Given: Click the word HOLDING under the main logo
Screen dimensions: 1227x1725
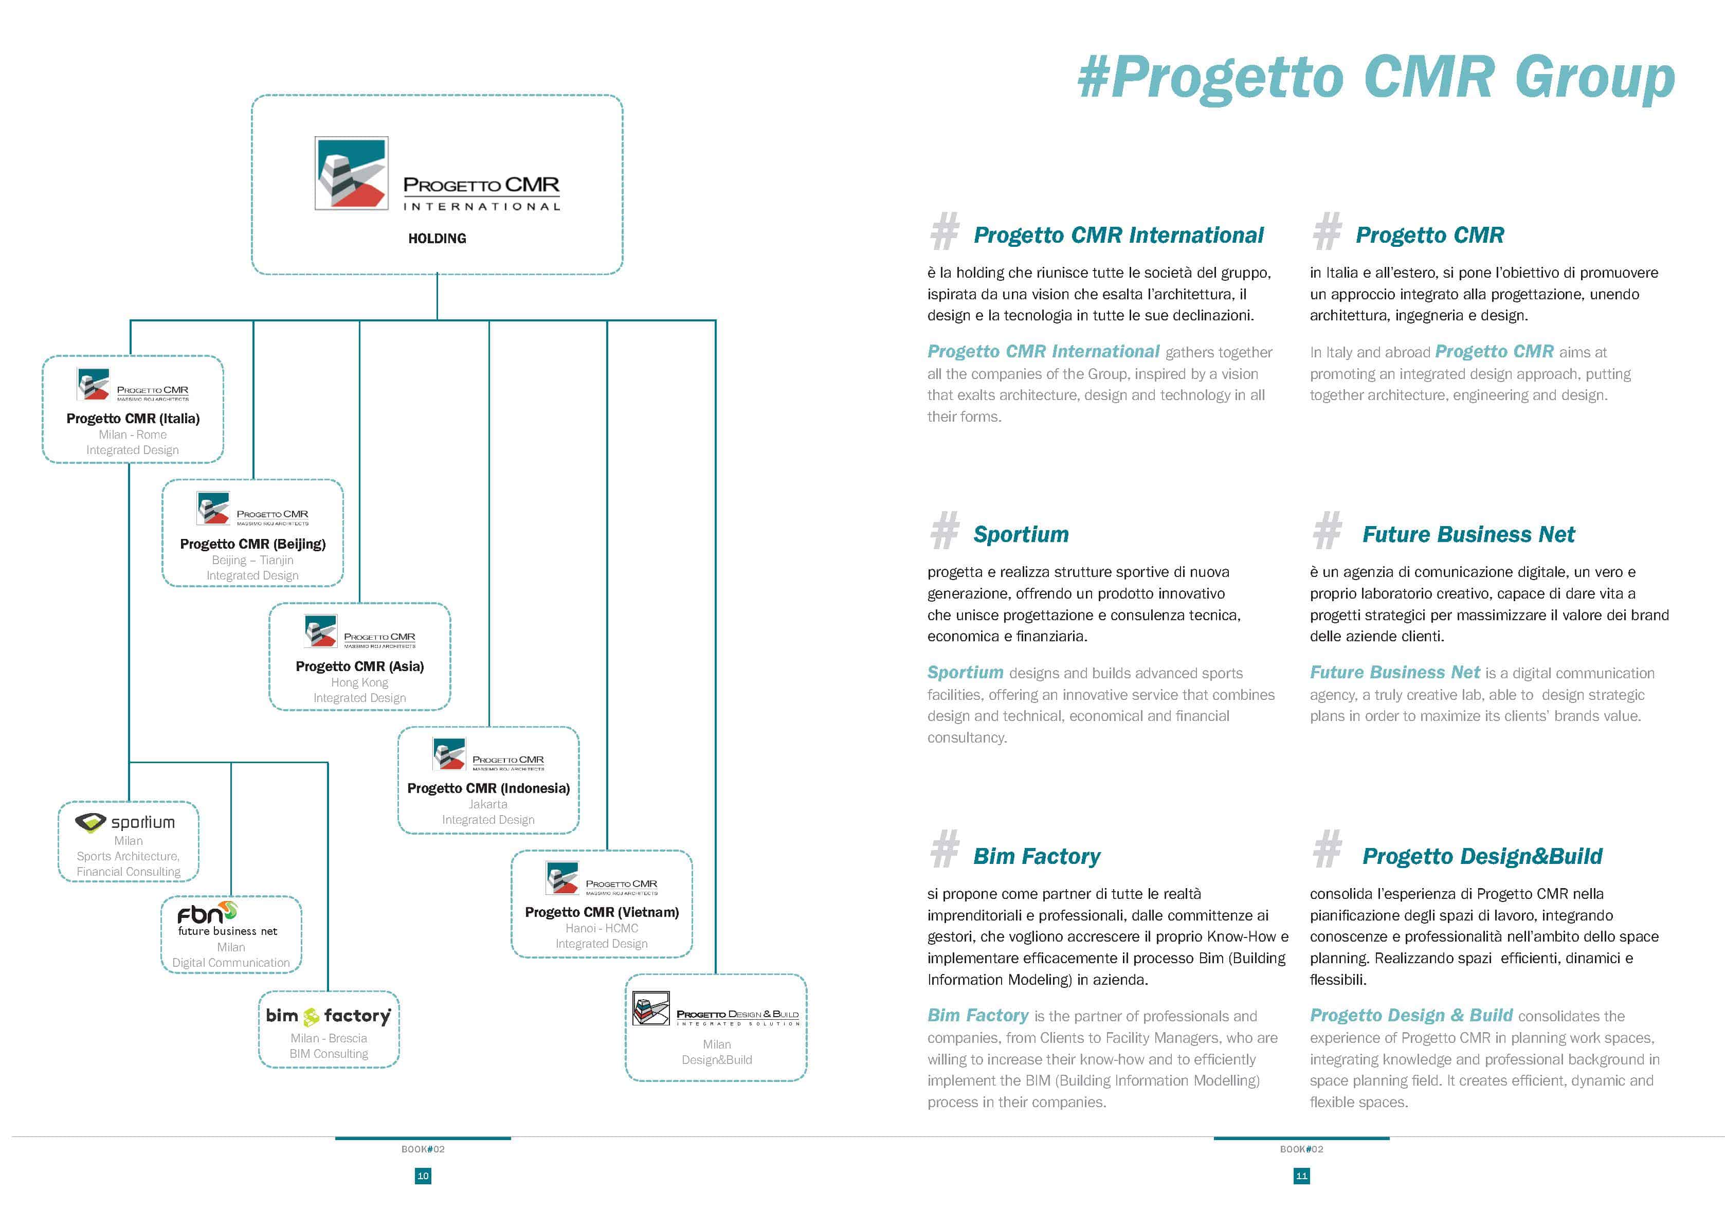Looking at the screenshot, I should [437, 239].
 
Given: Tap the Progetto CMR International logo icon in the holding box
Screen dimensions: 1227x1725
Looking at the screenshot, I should [351, 173].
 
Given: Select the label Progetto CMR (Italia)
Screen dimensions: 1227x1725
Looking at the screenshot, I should [133, 419].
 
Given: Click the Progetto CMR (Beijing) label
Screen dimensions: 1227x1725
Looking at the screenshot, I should [252, 544].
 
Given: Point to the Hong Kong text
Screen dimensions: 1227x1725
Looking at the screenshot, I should [359, 682].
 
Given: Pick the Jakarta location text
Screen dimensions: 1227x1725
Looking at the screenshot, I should [488, 804].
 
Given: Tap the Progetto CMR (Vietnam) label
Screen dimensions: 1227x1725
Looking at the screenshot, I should [601, 912].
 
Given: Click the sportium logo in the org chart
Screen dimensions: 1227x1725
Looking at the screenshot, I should [125, 822].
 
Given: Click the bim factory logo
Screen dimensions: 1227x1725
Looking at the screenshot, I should [329, 1016].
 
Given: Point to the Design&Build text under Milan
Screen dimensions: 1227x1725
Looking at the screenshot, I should [716, 1059].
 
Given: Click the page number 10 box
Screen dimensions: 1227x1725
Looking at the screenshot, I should [423, 1176].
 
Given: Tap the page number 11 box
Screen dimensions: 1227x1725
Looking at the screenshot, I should [1301, 1176].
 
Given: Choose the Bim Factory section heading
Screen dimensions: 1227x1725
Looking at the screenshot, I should [1036, 856].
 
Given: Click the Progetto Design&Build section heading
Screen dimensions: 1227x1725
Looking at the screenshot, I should [1482, 856].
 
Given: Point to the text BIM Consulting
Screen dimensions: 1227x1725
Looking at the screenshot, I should [329, 1054].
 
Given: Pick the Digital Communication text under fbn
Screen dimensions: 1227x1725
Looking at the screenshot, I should [230, 963].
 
